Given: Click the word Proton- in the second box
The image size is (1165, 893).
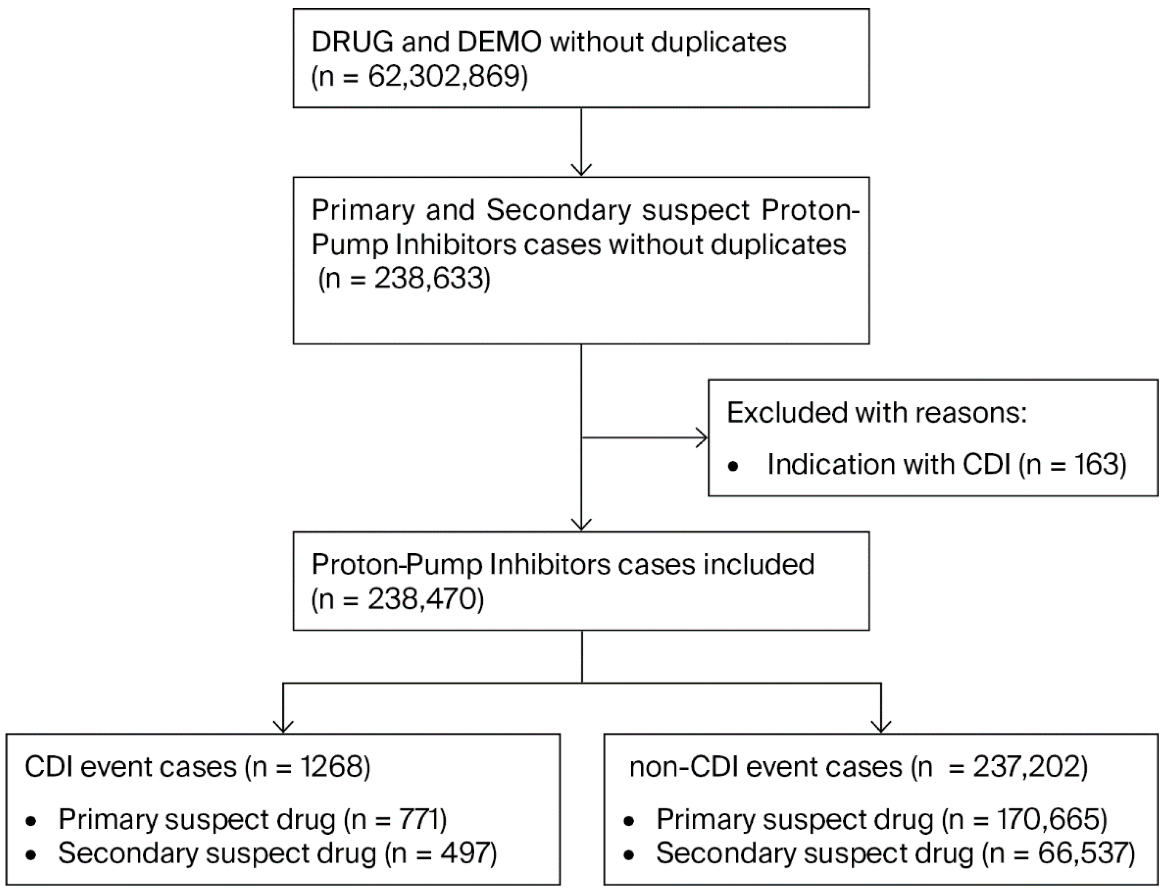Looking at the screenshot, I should click(810, 210).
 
